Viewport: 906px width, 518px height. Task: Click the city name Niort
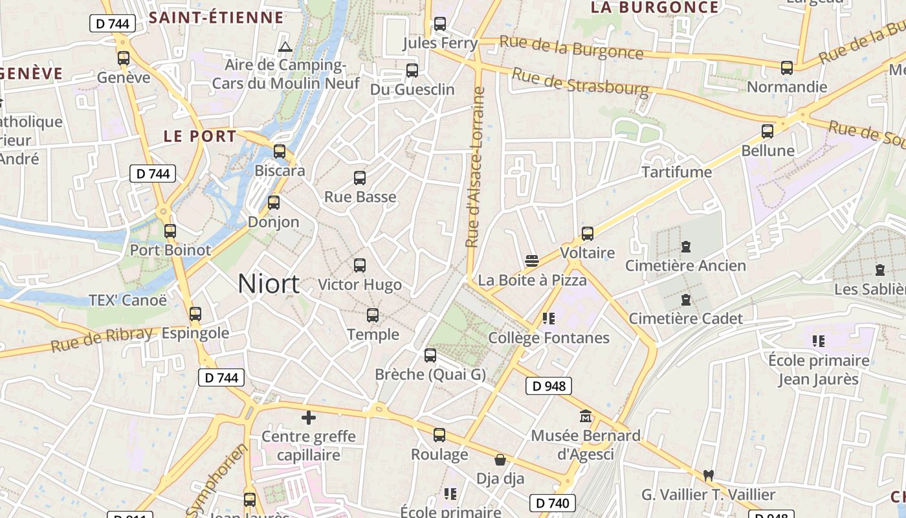click(x=269, y=284)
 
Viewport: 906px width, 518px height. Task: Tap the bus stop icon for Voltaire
click(x=588, y=234)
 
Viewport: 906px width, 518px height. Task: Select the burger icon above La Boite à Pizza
click(x=532, y=261)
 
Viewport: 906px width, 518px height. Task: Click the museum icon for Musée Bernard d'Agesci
click(x=586, y=416)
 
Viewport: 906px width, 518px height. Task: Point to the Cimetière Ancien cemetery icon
click(x=686, y=247)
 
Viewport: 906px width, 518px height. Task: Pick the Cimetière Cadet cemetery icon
click(x=686, y=300)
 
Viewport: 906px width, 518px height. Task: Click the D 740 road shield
click(x=553, y=502)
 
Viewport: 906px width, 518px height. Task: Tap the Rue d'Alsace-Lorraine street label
click(x=476, y=167)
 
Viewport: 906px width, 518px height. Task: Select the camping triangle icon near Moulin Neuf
click(x=285, y=47)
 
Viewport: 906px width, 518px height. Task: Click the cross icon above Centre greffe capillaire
click(x=309, y=418)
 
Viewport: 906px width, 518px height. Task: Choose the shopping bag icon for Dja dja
click(x=500, y=460)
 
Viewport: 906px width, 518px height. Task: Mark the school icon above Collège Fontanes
click(x=549, y=318)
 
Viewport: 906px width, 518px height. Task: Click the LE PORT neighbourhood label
click(x=200, y=137)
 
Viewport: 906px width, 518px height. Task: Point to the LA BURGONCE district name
click(x=654, y=7)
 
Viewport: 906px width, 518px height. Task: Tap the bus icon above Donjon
click(x=274, y=203)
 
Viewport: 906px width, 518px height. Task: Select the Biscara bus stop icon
click(x=280, y=152)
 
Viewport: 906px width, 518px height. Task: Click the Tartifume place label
click(x=676, y=172)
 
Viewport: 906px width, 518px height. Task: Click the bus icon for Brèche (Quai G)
click(x=430, y=355)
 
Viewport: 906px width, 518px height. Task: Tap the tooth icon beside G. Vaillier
click(x=708, y=475)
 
